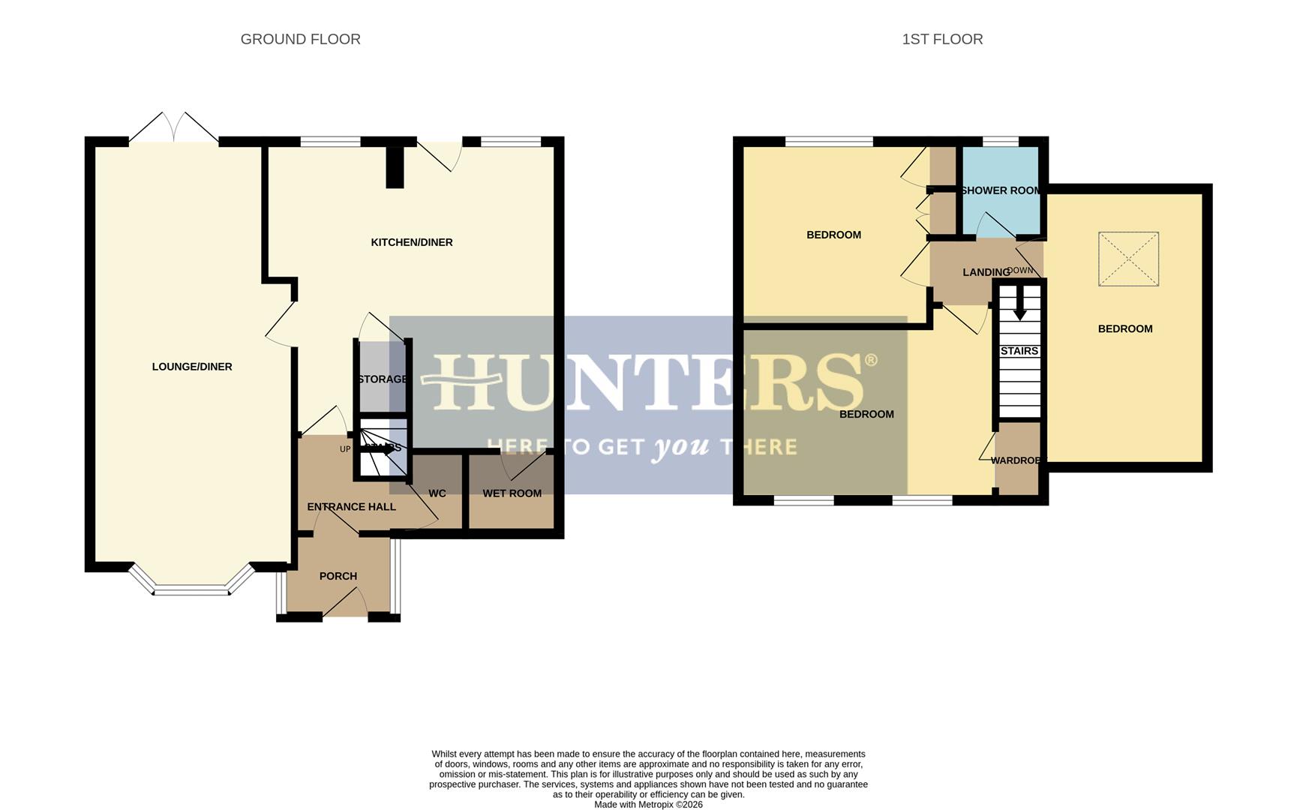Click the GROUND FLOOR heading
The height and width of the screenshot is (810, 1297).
point(300,39)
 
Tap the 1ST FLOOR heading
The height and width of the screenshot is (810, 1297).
point(942,39)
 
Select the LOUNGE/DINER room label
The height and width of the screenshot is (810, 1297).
point(192,367)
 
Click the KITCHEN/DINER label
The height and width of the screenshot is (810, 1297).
point(412,242)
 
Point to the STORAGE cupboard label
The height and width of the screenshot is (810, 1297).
point(382,379)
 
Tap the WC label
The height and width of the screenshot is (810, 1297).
point(437,493)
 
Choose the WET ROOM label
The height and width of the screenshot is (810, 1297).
point(512,493)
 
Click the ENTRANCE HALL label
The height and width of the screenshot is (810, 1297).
point(351,507)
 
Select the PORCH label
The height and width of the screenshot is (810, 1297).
point(338,576)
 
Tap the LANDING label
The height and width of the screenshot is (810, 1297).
point(986,272)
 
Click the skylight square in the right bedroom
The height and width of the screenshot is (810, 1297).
point(1128,259)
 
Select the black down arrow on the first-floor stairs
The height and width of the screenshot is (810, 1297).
point(1019,304)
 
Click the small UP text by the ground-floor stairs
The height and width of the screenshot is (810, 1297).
point(345,449)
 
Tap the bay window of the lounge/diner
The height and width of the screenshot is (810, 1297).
point(191,588)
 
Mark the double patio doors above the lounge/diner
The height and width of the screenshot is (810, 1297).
point(174,129)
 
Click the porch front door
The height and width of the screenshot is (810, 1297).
point(345,604)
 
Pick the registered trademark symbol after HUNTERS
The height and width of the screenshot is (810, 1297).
point(871,360)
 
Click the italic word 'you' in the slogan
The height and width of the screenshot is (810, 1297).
point(681,448)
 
